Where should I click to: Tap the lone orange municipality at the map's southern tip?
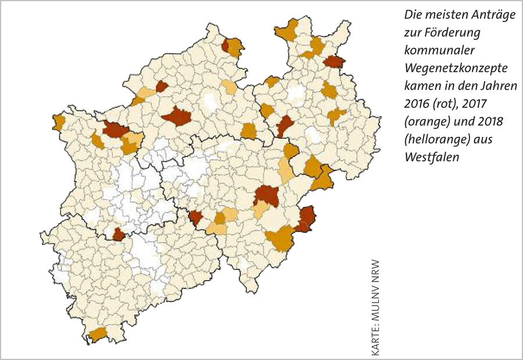[98, 334]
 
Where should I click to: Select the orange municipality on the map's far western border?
[58, 123]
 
